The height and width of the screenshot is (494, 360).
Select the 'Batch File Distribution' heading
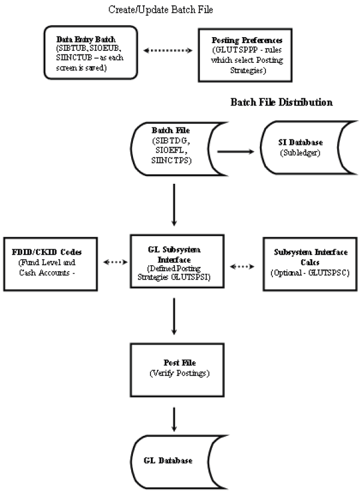pos(282,102)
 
